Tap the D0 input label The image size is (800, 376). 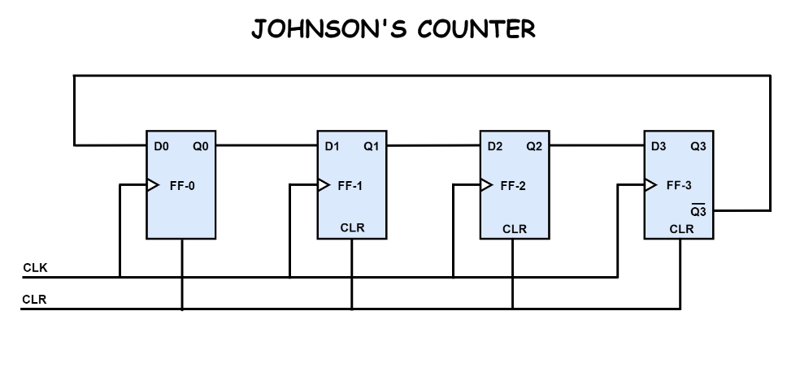click(161, 147)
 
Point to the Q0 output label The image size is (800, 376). click(201, 147)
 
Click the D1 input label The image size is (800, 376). click(332, 147)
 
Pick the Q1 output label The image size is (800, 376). click(371, 147)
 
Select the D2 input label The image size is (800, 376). click(495, 147)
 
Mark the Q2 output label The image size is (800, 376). click(534, 147)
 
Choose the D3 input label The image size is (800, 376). click(659, 147)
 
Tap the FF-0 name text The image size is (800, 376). click(182, 185)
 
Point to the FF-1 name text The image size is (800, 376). click(351, 185)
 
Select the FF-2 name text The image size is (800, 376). click(514, 185)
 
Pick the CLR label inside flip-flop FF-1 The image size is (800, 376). click(352, 228)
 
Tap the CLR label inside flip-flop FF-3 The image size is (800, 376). click(681, 229)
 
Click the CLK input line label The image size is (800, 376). click(35, 266)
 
